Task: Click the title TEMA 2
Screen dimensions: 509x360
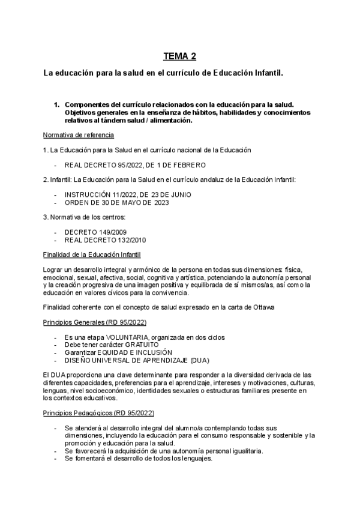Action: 179,58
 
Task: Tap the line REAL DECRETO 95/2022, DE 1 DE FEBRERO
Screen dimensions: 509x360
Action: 135,164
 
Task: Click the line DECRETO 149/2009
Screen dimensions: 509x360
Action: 95,232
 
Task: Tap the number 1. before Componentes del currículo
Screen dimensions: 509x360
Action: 58,104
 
